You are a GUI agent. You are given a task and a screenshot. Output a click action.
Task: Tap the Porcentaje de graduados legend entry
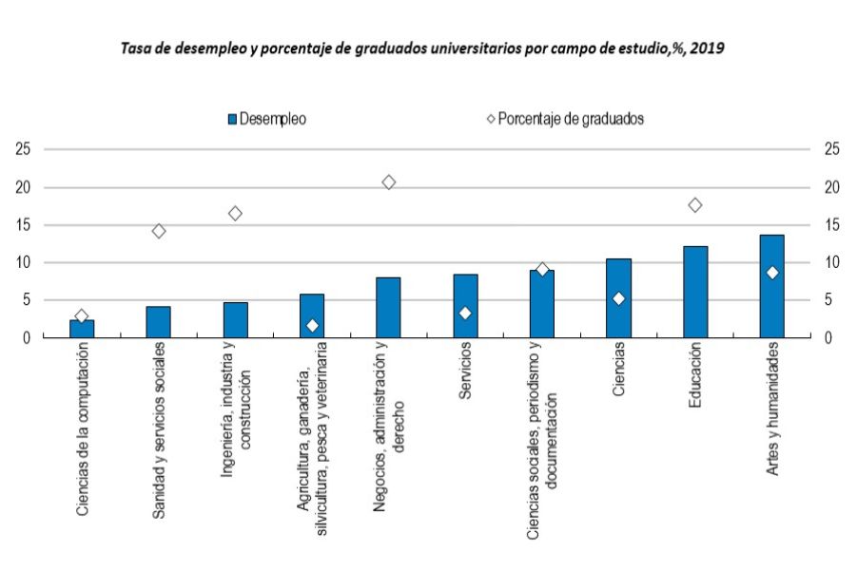pyautogui.click(x=565, y=120)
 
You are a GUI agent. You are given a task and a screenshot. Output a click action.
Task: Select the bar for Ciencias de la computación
pyautogui.click(x=82, y=329)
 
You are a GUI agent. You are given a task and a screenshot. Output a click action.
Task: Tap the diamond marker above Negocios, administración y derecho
pyautogui.click(x=388, y=181)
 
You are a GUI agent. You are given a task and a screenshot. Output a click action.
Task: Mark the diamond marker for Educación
pyautogui.click(x=695, y=205)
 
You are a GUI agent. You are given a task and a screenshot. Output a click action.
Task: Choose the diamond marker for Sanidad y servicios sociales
pyautogui.click(x=159, y=231)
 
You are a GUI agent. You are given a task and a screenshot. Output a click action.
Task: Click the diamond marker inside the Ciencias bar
pyautogui.click(x=618, y=298)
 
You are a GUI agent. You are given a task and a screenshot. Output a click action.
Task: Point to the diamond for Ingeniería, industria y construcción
pyautogui.click(x=235, y=214)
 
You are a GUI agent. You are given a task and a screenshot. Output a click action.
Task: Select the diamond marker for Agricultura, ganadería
pyautogui.click(x=312, y=325)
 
